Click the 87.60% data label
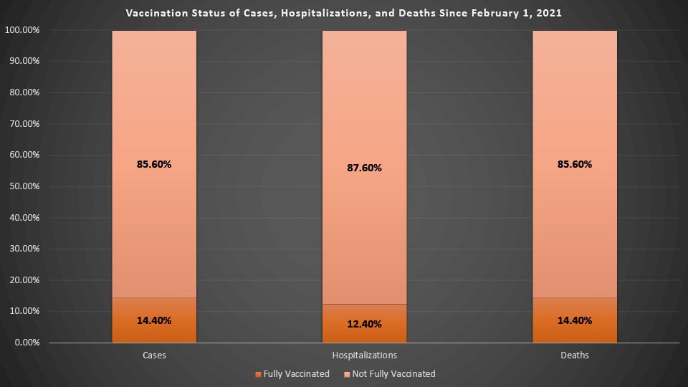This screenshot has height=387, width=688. click(364, 168)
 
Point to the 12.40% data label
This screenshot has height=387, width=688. click(364, 324)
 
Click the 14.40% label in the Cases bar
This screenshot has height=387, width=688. click(154, 320)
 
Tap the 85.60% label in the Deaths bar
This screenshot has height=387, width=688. click(574, 164)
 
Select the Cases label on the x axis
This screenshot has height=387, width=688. click(154, 355)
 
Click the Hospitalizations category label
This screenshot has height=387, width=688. click(364, 355)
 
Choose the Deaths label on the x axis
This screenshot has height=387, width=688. click(574, 355)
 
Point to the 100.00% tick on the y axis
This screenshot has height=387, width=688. click(23, 30)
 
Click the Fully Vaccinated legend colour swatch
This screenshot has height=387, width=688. click(258, 374)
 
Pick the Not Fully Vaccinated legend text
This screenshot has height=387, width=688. click(395, 374)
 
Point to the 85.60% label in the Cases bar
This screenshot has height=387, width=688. click(154, 164)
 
